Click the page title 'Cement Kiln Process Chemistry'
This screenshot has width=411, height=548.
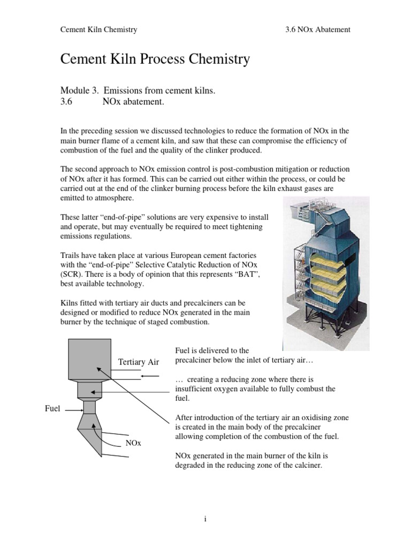(155, 59)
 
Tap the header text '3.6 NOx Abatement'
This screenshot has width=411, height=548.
(318, 29)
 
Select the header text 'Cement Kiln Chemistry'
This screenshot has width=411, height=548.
(98, 29)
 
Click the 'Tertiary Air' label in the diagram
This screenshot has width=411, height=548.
(139, 362)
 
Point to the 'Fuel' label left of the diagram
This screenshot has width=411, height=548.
(53, 408)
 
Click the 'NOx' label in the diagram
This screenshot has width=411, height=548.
(133, 443)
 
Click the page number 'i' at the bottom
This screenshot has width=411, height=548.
(205, 518)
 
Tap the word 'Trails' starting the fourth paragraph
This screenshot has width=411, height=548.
(70, 255)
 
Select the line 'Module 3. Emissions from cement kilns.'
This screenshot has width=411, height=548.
(138, 91)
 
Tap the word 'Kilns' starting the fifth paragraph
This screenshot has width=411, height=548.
(69, 303)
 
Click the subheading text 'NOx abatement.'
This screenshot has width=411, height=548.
(133, 102)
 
